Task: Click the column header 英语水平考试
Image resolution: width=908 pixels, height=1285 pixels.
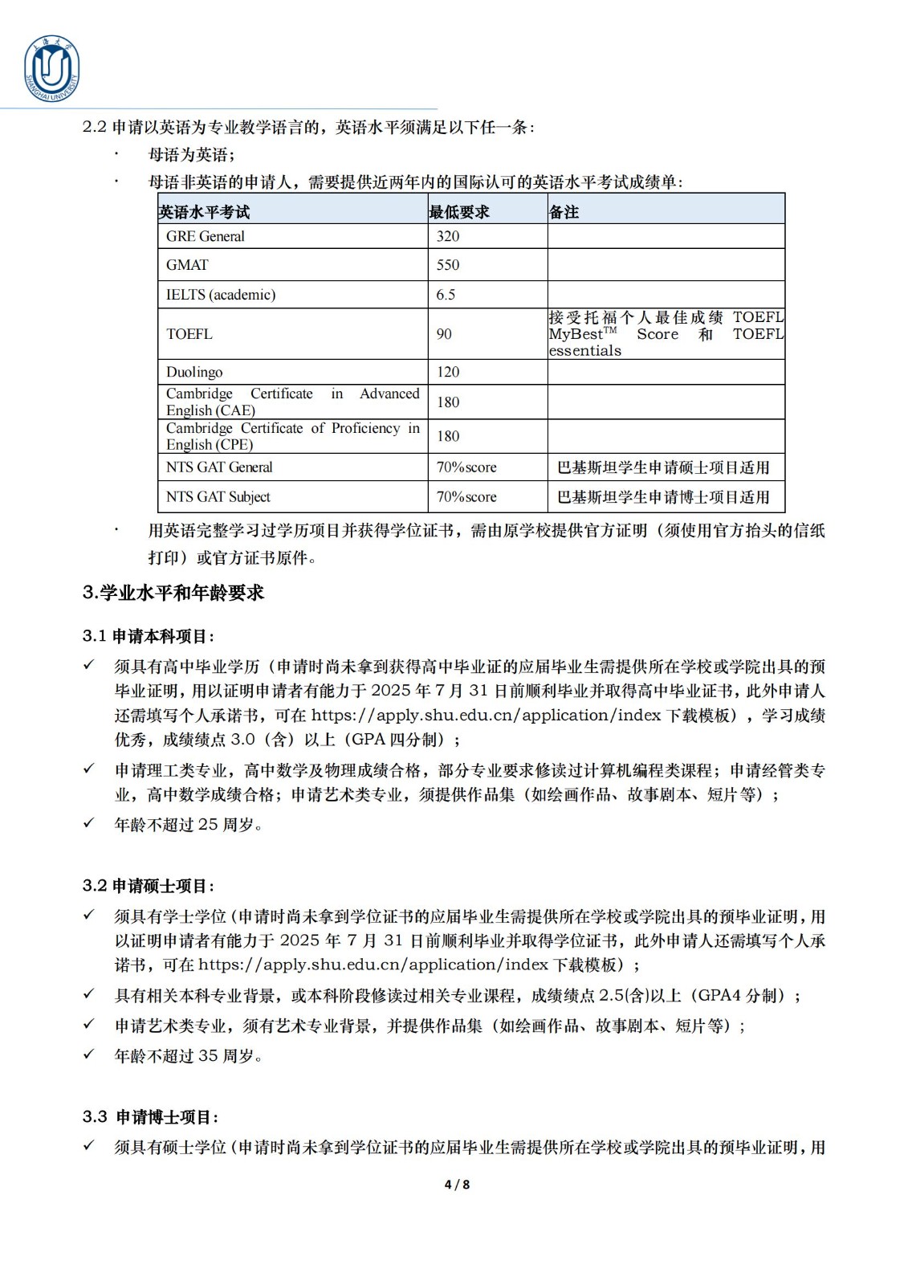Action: click(204, 212)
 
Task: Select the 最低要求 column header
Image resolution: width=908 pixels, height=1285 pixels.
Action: click(459, 212)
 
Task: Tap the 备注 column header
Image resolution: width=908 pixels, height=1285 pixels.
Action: click(564, 212)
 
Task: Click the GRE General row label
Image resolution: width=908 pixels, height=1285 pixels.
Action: click(205, 236)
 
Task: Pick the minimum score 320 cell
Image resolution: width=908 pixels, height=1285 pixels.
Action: click(448, 236)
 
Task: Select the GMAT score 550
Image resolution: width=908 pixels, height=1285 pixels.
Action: click(448, 265)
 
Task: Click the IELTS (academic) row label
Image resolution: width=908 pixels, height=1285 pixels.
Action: click(220, 295)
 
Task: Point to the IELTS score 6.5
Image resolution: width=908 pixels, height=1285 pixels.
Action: click(446, 295)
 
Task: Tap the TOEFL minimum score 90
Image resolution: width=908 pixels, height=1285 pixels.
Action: click(444, 334)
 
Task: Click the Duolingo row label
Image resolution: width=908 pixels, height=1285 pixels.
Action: click(194, 372)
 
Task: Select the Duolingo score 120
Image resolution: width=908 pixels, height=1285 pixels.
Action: click(448, 372)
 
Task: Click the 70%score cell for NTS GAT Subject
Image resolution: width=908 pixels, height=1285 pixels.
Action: click(466, 497)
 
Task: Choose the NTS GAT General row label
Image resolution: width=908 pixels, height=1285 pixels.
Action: click(219, 467)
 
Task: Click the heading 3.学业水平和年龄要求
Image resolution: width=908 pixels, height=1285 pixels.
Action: click(173, 593)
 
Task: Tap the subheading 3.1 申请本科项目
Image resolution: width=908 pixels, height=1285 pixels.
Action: click(149, 636)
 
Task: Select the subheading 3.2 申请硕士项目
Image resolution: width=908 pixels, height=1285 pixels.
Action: click(149, 886)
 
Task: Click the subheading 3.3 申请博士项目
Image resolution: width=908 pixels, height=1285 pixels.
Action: click(150, 1117)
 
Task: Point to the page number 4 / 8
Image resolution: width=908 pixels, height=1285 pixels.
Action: click(457, 1184)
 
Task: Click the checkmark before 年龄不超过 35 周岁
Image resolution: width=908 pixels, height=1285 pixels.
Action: click(89, 1055)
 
